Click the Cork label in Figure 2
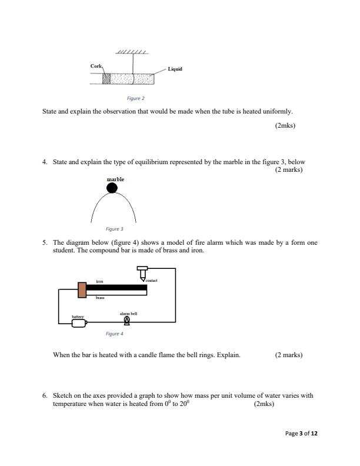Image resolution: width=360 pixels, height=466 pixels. pyautogui.click(x=96, y=66)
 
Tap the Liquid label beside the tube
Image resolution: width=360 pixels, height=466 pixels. pyautogui.click(x=175, y=69)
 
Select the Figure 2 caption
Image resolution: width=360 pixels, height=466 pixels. pyautogui.click(x=136, y=98)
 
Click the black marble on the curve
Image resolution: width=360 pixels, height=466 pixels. pyautogui.click(x=112, y=188)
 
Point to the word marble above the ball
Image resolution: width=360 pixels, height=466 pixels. pyautogui.click(x=115, y=178)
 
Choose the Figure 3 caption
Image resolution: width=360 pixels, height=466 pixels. pyautogui.click(x=114, y=228)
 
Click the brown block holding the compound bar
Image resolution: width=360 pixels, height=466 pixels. pyautogui.click(x=82, y=289)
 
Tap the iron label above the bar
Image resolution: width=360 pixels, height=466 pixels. pyautogui.click(x=99, y=281)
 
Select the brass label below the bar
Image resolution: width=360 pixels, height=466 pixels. pyautogui.click(x=100, y=298)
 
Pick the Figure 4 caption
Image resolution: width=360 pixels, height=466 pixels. pyautogui.click(x=114, y=334)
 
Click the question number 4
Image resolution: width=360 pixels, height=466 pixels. pyautogui.click(x=45, y=162)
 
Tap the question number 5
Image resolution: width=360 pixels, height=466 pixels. pyautogui.click(x=45, y=241)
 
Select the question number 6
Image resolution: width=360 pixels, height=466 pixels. pyautogui.click(x=45, y=396)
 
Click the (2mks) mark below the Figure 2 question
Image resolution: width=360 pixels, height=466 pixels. pyautogui.click(x=285, y=125)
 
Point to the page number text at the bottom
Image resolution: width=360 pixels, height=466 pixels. pyautogui.click(x=301, y=434)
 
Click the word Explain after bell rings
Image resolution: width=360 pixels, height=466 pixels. pyautogui.click(x=229, y=355)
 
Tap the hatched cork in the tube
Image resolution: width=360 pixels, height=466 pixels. pyautogui.click(x=106, y=78)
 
